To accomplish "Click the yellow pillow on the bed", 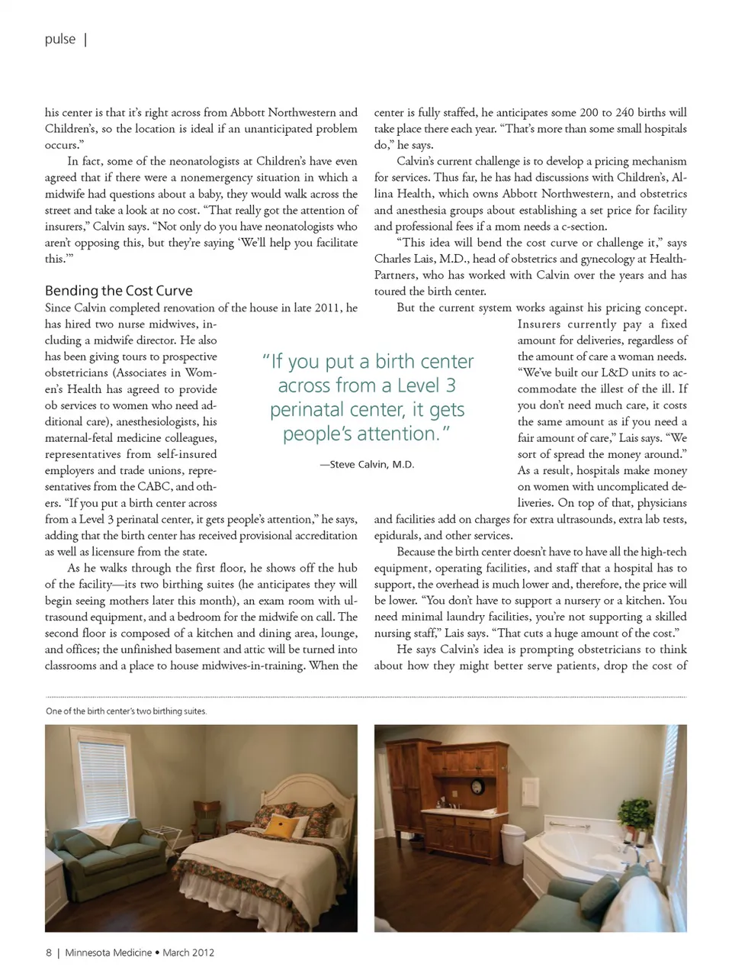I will pos(284,825).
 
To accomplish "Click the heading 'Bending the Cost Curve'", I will pos(118,291).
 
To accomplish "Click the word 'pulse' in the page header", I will pos(60,39).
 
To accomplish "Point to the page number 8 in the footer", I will pos(49,953).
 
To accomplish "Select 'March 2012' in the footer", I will pos(188,953).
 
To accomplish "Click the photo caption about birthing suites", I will pos(126,711).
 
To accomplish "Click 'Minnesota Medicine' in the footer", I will pos(108,953).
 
